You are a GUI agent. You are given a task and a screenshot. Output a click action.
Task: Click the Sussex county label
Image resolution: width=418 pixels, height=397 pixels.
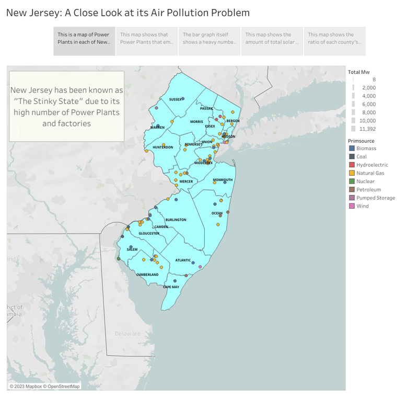(175, 99)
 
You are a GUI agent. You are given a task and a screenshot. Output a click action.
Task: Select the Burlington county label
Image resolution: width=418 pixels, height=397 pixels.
(175, 220)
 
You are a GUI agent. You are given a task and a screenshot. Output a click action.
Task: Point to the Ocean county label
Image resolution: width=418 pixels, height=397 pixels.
(217, 213)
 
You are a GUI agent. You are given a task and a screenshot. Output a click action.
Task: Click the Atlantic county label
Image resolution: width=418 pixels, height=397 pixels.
(183, 260)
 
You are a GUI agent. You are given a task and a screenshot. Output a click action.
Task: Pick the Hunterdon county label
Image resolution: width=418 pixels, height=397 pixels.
(162, 148)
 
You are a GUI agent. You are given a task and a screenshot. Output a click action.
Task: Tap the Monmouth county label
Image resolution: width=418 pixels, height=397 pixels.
(223, 180)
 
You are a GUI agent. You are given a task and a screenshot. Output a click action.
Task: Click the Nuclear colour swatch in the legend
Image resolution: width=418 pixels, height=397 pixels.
(352, 182)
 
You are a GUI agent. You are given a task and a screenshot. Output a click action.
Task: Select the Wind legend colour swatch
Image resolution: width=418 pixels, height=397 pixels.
(352, 206)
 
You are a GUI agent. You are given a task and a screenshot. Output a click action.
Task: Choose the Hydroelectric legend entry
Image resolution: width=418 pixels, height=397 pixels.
(372, 165)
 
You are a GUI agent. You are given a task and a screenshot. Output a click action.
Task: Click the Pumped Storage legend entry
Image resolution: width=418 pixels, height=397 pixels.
(375, 198)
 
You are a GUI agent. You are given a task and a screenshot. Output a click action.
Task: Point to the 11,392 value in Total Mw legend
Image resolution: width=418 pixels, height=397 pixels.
(367, 129)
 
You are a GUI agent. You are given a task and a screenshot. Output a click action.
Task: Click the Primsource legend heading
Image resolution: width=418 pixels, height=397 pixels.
(361, 141)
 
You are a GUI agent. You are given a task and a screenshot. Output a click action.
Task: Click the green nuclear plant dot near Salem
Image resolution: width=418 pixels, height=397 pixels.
(119, 258)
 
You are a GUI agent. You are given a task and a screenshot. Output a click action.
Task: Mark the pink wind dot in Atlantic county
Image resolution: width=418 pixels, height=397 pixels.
(200, 267)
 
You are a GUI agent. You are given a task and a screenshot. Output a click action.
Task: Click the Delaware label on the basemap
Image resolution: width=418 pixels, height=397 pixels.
(127, 333)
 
